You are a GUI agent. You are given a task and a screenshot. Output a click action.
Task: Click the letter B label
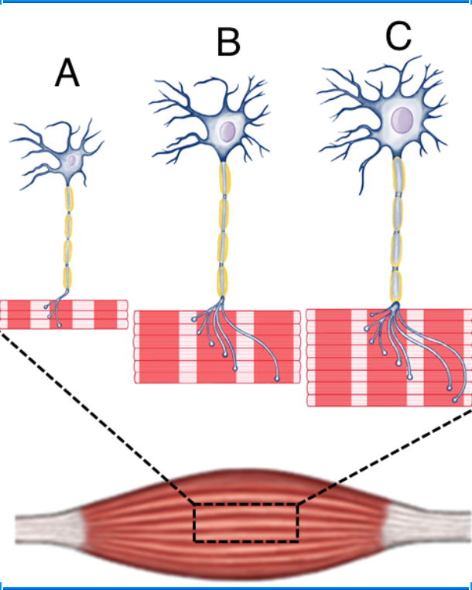pyautogui.click(x=228, y=43)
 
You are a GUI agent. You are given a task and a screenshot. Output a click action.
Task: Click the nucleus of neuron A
pyautogui.click(x=71, y=160)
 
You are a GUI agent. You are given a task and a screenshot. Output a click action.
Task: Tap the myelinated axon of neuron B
pyautogui.click(x=224, y=232)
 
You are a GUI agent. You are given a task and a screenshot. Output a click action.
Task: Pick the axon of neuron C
pyautogui.click(x=397, y=232)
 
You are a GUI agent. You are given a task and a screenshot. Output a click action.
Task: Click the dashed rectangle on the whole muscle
pyautogui.click(x=246, y=523)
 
